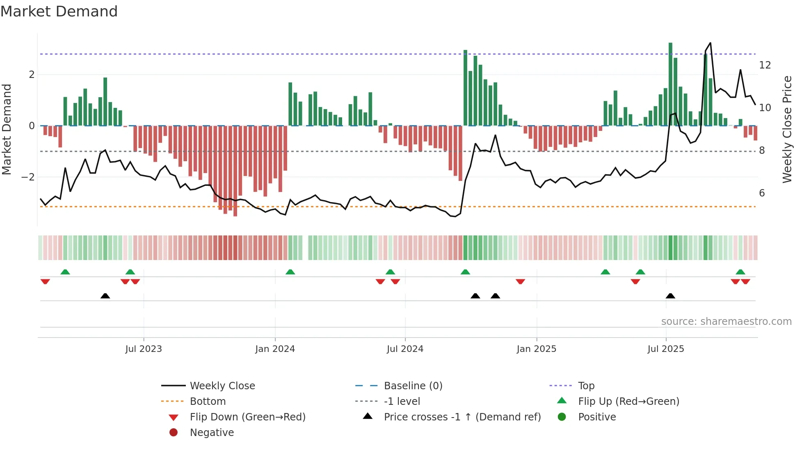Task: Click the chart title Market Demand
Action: pos(59,11)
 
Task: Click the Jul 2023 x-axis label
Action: pos(144,349)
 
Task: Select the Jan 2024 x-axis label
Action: pos(275,349)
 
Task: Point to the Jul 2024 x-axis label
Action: pos(405,349)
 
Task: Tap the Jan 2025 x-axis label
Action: pos(536,349)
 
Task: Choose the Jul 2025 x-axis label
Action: pos(666,349)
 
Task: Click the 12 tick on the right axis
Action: pos(765,65)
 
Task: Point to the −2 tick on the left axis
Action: pos(28,177)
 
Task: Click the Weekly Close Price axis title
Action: pos(787,129)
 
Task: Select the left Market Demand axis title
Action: pos(7,129)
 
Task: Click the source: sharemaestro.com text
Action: pos(726,322)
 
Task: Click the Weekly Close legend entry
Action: pos(222,386)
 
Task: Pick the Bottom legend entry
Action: pos(208,402)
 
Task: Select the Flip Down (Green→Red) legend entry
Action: pos(247,417)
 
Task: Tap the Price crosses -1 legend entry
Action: pos(462,417)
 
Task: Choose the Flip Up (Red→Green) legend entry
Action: pos(628,402)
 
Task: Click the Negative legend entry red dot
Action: pos(174,433)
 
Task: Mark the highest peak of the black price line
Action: pos(710,43)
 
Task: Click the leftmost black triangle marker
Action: pos(105,296)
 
